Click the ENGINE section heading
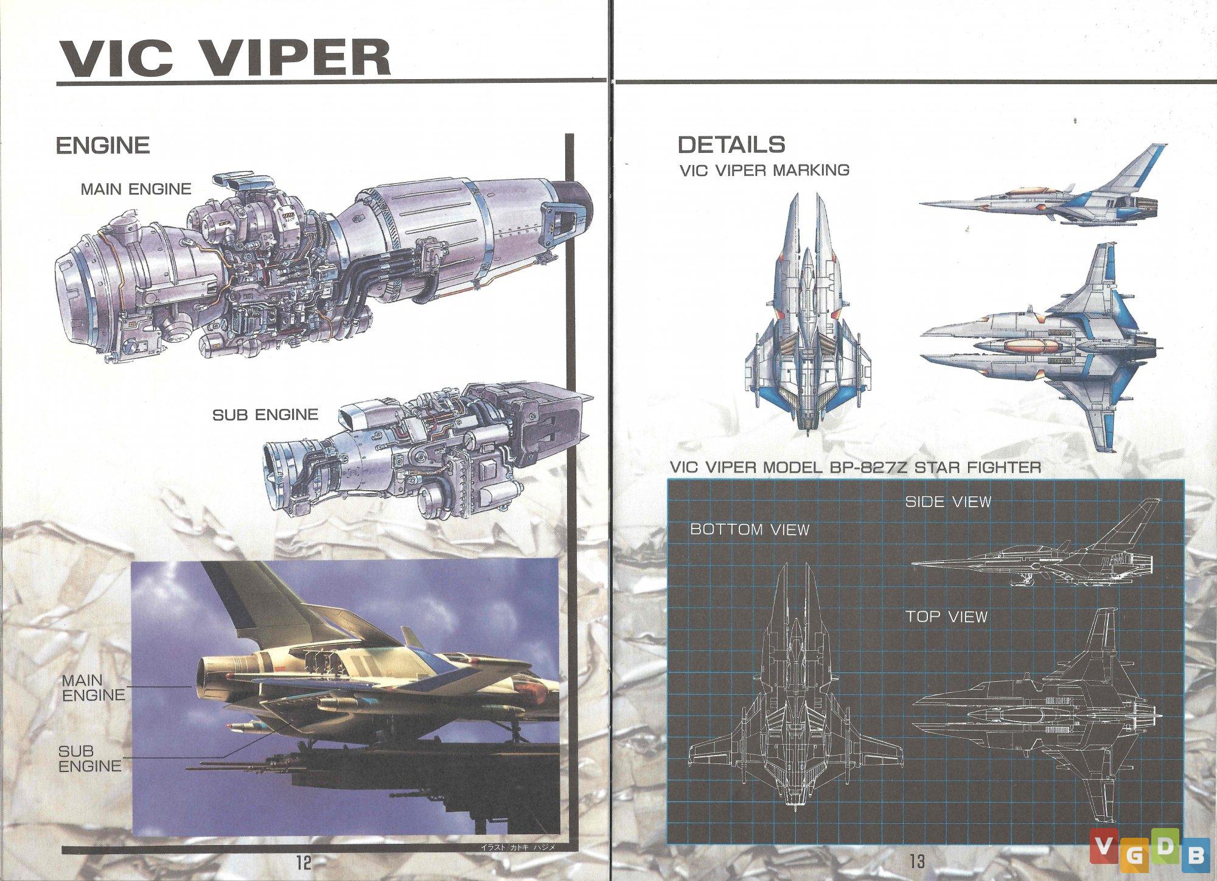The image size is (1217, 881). (x=103, y=146)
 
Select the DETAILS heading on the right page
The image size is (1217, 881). (x=731, y=145)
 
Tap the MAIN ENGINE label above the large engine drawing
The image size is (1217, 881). (x=136, y=189)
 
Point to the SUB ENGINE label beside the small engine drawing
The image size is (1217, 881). (x=265, y=415)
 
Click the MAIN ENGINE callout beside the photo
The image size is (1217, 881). (x=93, y=687)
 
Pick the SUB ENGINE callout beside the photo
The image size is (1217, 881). (x=90, y=759)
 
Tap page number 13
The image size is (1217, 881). (x=917, y=861)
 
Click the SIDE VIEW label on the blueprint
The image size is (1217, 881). (x=948, y=502)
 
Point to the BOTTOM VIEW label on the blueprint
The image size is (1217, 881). (x=750, y=530)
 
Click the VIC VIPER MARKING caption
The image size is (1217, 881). (x=764, y=170)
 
